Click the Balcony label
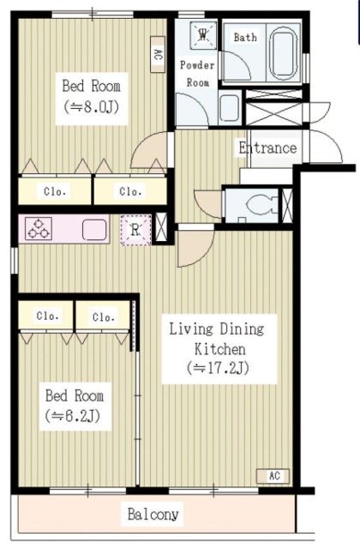pyautogui.click(x=153, y=514)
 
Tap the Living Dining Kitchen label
pyautogui.click(x=218, y=349)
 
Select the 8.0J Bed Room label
pyautogui.click(x=92, y=96)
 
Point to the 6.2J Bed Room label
pyautogui.click(x=75, y=406)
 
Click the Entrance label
pyautogui.click(x=267, y=148)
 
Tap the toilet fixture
pyautogui.click(x=261, y=204)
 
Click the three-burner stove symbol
pyautogui.click(x=39, y=228)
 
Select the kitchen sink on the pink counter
pyautogui.click(x=94, y=229)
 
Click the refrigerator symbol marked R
pyautogui.click(x=135, y=230)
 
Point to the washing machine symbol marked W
pyautogui.click(x=203, y=35)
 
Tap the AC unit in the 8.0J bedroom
pyautogui.click(x=158, y=54)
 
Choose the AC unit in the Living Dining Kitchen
pyautogui.click(x=273, y=476)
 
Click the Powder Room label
pyautogui.click(x=197, y=74)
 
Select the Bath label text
pyautogui.click(x=245, y=37)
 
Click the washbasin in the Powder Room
pyautogui.click(x=230, y=107)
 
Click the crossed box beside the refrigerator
pyautogui.click(x=161, y=228)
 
